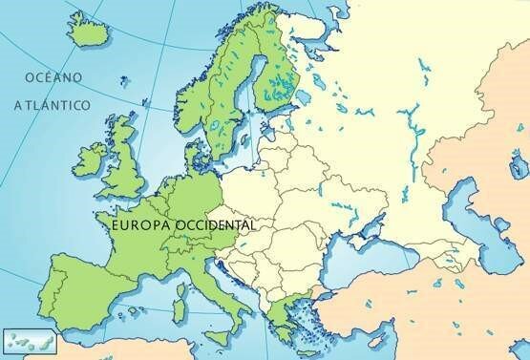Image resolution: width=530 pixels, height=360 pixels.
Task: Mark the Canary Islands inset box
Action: [22, 339]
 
